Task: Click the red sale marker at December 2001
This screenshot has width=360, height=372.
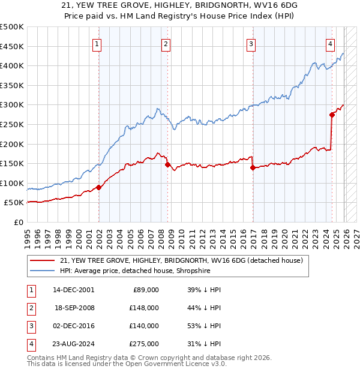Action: pos(98,187)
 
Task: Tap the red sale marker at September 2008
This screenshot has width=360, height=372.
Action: pos(167,164)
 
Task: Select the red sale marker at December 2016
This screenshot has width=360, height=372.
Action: pos(253,167)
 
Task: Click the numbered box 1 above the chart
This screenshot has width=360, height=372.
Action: pos(97,43)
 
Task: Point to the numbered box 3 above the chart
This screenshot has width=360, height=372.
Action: pos(251,43)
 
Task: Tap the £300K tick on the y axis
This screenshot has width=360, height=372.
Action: pos(13,105)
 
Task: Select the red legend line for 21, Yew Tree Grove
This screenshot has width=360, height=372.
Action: pos(42,260)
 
